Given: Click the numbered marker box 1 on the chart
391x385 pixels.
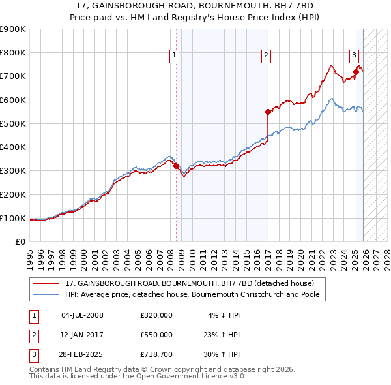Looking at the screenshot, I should (x=175, y=57).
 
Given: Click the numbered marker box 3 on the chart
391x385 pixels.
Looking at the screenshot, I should (x=354, y=55).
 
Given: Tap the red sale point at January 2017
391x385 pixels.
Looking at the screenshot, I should (x=268, y=112).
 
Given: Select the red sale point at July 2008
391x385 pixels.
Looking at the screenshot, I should (x=176, y=166).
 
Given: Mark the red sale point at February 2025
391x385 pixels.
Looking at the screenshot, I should (x=356, y=72).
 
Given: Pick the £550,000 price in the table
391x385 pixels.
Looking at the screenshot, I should (x=156, y=335).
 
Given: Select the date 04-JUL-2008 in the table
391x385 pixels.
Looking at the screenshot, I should (x=82, y=315).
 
